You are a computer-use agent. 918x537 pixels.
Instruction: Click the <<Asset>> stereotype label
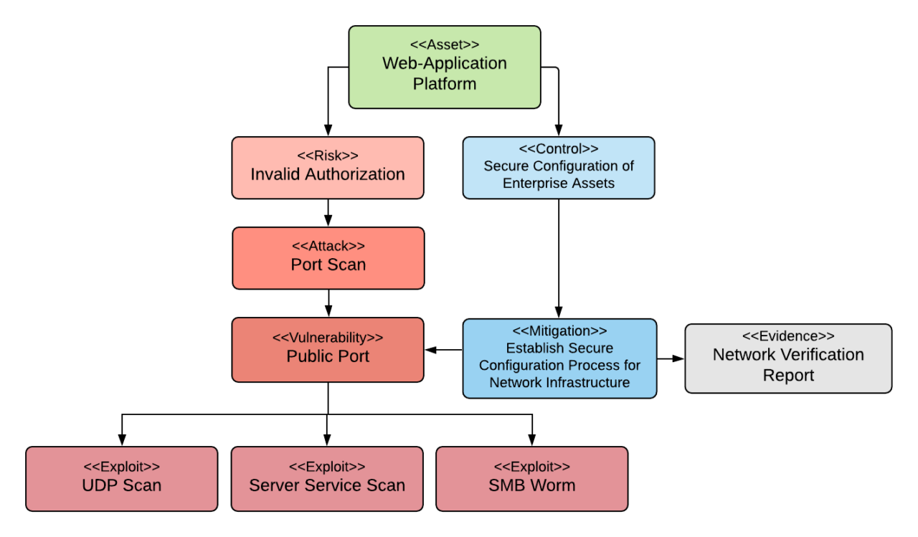coord(445,44)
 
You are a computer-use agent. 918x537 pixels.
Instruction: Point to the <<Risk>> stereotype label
coord(328,156)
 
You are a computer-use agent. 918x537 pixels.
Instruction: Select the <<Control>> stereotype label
coord(559,148)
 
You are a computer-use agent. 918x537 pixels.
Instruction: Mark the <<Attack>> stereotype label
coord(328,246)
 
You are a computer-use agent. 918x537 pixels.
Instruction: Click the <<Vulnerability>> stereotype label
coord(328,337)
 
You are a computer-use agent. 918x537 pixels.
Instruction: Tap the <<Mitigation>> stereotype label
coord(559,331)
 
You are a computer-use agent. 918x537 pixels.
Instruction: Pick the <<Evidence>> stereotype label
coord(788,336)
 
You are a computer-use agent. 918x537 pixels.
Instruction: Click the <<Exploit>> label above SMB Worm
coord(532,467)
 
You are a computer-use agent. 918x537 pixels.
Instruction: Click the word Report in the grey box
coord(788,375)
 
